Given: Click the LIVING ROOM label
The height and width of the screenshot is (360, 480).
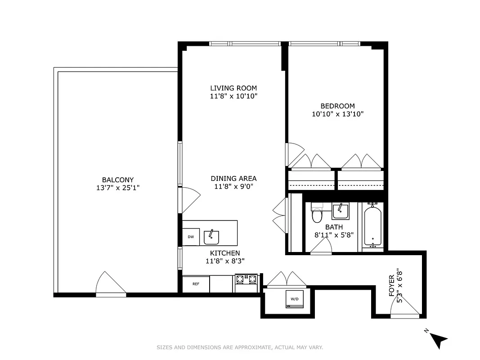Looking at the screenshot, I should click(233, 88).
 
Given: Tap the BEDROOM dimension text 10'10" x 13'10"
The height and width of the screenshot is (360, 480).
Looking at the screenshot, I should click(337, 114).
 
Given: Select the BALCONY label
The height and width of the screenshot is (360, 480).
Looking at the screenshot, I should click(117, 180).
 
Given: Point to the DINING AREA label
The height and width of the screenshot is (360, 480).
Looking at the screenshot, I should click(233, 179).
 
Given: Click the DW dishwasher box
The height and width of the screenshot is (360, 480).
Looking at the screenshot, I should click(191, 237).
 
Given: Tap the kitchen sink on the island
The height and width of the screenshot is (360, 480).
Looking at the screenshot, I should click(211, 236).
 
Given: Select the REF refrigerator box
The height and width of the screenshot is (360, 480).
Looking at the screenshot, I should click(196, 284).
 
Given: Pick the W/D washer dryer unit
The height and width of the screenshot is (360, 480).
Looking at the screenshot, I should click(294, 299).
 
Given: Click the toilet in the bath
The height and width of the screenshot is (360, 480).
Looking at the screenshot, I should click(317, 215).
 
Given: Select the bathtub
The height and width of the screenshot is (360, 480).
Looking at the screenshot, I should click(373, 227).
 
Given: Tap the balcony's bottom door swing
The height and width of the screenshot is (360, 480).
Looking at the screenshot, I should click(108, 283).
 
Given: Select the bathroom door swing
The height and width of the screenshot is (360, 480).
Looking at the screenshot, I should click(321, 246).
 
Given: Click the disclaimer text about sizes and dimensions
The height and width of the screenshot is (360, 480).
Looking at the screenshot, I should click(240, 347).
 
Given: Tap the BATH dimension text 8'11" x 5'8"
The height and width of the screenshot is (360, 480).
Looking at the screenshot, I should click(334, 234).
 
